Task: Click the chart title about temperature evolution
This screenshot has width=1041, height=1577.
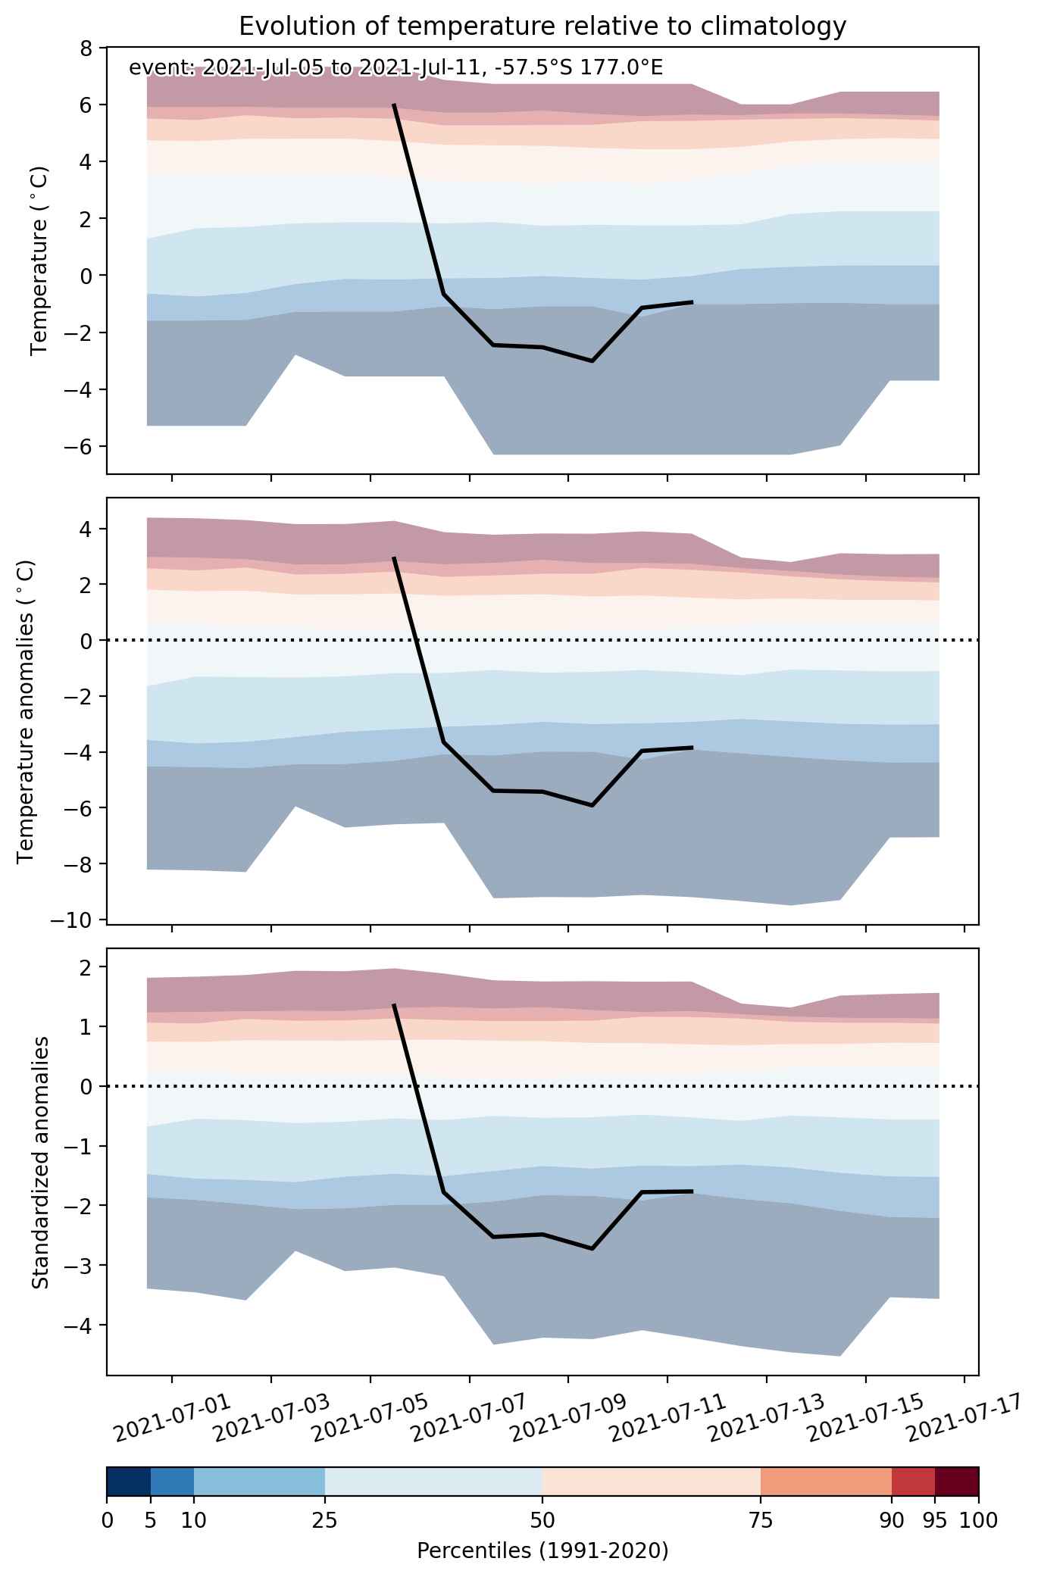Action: (x=542, y=27)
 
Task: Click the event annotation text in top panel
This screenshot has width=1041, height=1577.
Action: (x=396, y=68)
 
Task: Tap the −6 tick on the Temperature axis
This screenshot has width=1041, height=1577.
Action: (x=81, y=446)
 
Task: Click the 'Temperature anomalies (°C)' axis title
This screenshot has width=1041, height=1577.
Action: (x=26, y=711)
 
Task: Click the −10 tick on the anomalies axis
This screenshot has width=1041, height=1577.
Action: (x=76, y=920)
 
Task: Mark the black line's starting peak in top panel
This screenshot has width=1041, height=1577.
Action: (x=394, y=105)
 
